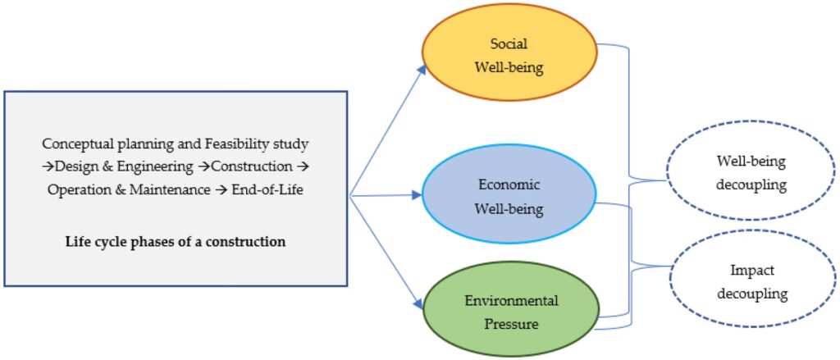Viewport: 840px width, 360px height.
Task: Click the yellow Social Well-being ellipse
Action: coord(509,56)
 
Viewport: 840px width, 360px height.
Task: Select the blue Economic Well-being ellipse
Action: coord(509,197)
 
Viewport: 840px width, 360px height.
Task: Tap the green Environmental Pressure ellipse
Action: coord(509,312)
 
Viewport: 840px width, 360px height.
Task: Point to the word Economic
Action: coord(509,185)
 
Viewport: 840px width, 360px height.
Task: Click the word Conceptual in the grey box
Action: coord(77,144)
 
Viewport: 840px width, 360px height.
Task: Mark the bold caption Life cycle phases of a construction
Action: coord(176,241)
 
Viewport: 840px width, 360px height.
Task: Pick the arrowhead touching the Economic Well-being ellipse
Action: coord(417,196)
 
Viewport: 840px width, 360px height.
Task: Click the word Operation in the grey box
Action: coord(80,189)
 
